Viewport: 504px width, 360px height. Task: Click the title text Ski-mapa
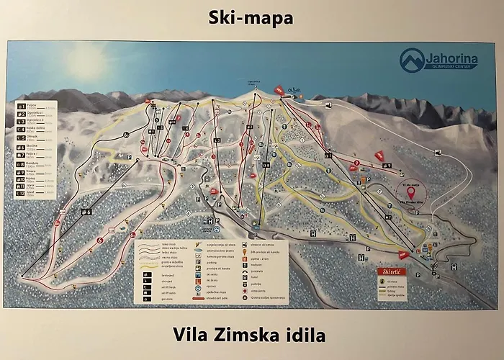252,17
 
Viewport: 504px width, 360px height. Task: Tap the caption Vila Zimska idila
249,334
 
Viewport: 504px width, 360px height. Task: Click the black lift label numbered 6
87,211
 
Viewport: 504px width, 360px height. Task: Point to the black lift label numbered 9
328,154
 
